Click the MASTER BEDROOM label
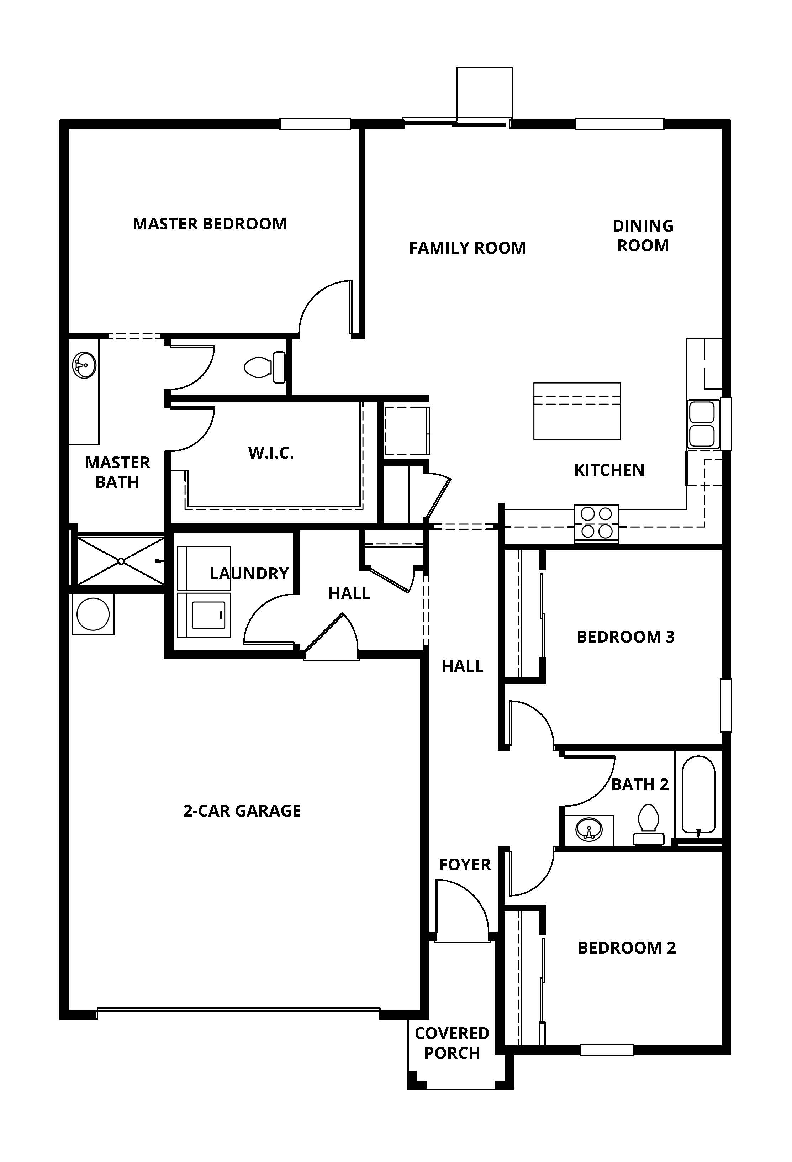point(210,223)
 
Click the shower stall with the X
point(121,561)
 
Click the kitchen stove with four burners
point(597,523)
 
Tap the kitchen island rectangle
point(577,411)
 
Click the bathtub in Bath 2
point(698,794)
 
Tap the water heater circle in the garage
point(93,614)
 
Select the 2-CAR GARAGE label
point(242,810)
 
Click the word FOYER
point(465,865)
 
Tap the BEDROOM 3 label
point(625,637)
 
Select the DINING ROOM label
point(643,236)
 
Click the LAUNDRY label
point(249,573)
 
